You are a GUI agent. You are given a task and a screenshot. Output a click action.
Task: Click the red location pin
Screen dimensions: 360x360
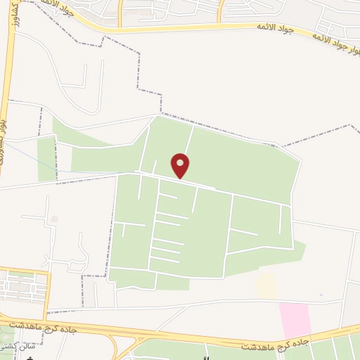tap(181, 165)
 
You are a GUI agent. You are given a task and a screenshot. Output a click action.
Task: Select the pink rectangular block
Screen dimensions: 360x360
tap(295, 320)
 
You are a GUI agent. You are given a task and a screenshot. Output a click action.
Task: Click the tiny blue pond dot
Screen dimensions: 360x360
tap(321, 295)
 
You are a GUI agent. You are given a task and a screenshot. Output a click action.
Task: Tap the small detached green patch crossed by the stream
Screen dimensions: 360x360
tap(46, 158)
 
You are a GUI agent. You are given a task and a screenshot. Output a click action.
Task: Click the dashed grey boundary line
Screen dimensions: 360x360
tap(138, 70)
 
